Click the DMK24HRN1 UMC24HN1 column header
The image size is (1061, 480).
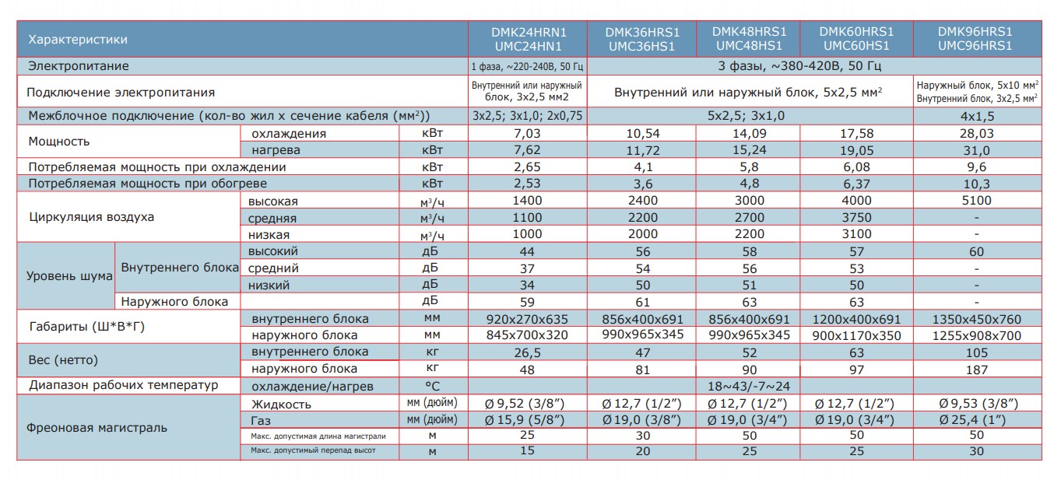coord(528,40)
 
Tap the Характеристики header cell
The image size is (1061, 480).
coord(78,40)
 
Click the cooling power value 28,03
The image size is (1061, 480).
coord(976,134)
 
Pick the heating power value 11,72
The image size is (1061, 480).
coord(643,150)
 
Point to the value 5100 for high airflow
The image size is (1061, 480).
coord(976,200)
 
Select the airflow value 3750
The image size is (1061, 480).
coord(856,217)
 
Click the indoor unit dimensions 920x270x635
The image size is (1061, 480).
coord(527,320)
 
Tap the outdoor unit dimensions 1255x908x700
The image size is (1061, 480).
coord(977,335)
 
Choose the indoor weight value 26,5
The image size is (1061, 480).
coord(527,352)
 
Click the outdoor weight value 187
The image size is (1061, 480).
coord(977,370)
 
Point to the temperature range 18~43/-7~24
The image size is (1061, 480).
coord(749,387)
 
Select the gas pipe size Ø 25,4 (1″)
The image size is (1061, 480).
coord(972,420)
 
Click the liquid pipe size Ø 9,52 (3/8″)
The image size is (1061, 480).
coord(525,403)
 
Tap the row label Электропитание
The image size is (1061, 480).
coord(78,66)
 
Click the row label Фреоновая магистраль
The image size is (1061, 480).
coord(97,428)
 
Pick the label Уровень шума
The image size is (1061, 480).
coord(69,276)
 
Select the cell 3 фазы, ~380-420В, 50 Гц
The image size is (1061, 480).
coord(799,66)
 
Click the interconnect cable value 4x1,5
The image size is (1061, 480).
coord(977,117)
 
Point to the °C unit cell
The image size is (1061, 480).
coord(432,387)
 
